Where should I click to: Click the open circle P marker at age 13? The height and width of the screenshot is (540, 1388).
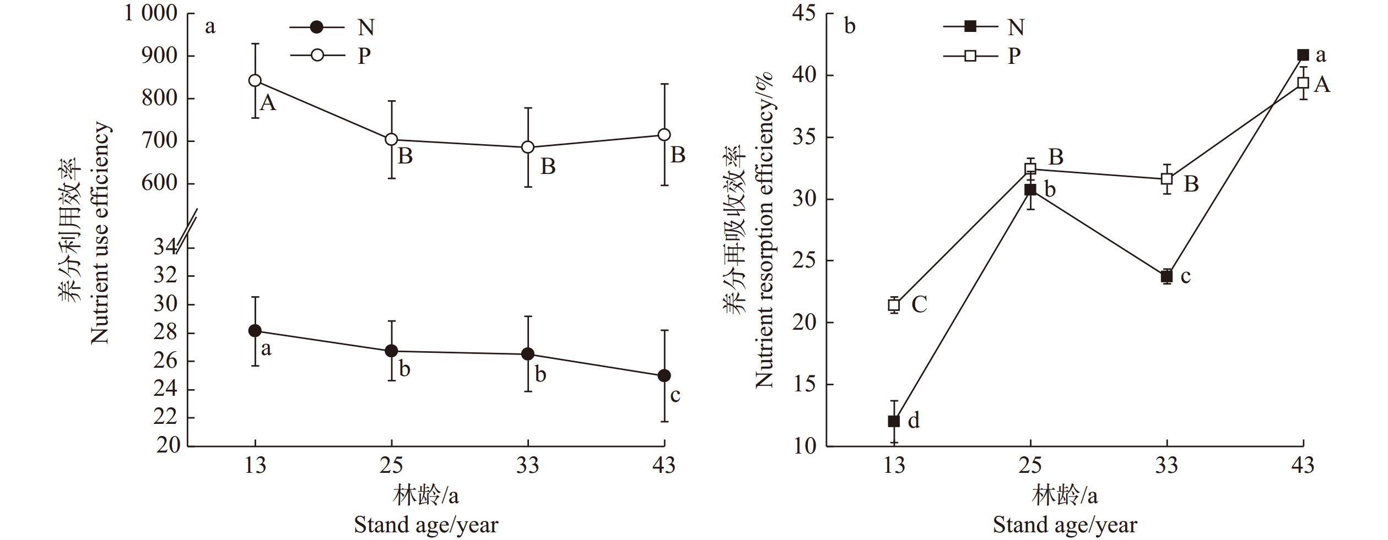(255, 80)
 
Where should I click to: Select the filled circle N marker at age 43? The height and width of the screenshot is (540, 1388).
(664, 375)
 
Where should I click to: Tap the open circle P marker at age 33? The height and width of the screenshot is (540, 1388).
(528, 147)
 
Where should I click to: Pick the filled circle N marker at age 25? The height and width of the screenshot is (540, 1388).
(391, 351)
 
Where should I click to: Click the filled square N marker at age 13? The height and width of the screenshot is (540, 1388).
(894, 421)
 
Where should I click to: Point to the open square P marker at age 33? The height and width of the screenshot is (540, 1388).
(1166, 179)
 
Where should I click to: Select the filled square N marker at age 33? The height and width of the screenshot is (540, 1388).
(1166, 276)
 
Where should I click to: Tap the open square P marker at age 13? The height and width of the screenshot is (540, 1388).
(894, 305)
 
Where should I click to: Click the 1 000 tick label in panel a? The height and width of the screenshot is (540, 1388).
(150, 13)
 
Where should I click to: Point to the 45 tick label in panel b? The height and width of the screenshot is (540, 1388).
(804, 13)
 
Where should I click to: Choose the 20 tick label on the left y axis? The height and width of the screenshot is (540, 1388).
(168, 445)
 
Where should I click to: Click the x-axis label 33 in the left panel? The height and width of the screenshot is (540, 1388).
(528, 466)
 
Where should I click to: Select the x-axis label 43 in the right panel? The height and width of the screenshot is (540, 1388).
(1303, 466)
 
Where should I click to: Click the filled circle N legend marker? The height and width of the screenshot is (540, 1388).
(317, 26)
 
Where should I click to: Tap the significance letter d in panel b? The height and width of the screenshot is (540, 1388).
(914, 421)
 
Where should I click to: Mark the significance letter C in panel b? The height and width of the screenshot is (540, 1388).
(919, 304)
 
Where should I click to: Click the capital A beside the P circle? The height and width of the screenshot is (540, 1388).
(268, 103)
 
